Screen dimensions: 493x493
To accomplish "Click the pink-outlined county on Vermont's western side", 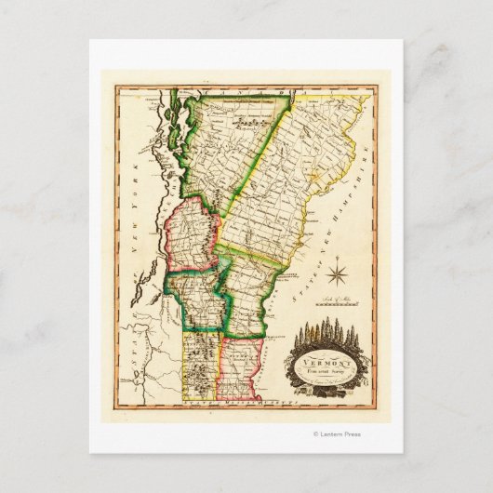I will tap(191, 237).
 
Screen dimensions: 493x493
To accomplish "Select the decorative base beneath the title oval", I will tap(321, 387).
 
